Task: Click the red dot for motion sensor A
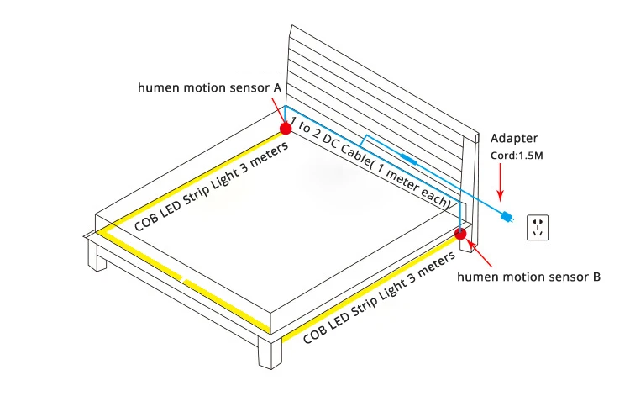click(x=285, y=128)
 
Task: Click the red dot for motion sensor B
click(x=460, y=234)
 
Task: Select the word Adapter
click(x=513, y=138)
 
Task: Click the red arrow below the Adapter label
click(x=501, y=177)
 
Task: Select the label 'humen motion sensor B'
click(x=528, y=276)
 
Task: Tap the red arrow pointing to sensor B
click(x=472, y=248)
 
